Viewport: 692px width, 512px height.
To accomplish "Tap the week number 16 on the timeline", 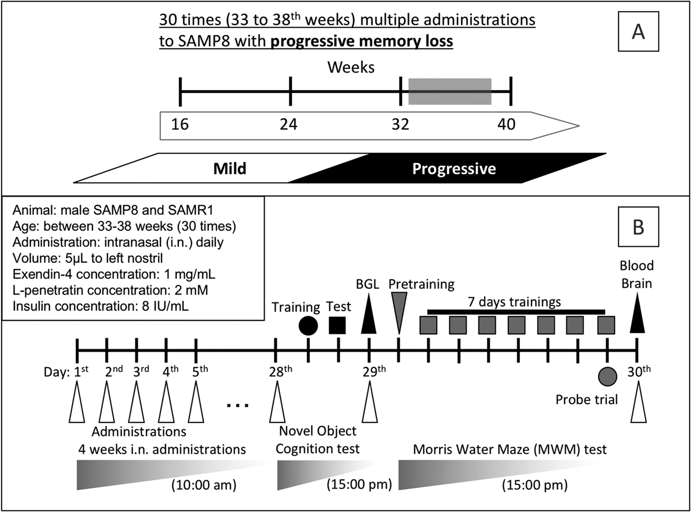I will [180, 125].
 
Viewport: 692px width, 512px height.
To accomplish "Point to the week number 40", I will [506, 125].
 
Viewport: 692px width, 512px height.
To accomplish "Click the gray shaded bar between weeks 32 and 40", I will [450, 91].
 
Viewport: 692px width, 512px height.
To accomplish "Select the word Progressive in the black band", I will [454, 168].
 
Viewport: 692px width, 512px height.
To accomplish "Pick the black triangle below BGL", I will [368, 322].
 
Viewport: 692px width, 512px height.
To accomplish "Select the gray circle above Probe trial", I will [607, 376].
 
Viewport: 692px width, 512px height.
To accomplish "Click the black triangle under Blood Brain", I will [638, 320].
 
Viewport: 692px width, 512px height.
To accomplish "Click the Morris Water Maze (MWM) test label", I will [510, 449].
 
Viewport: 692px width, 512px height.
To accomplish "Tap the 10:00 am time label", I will [203, 485].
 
